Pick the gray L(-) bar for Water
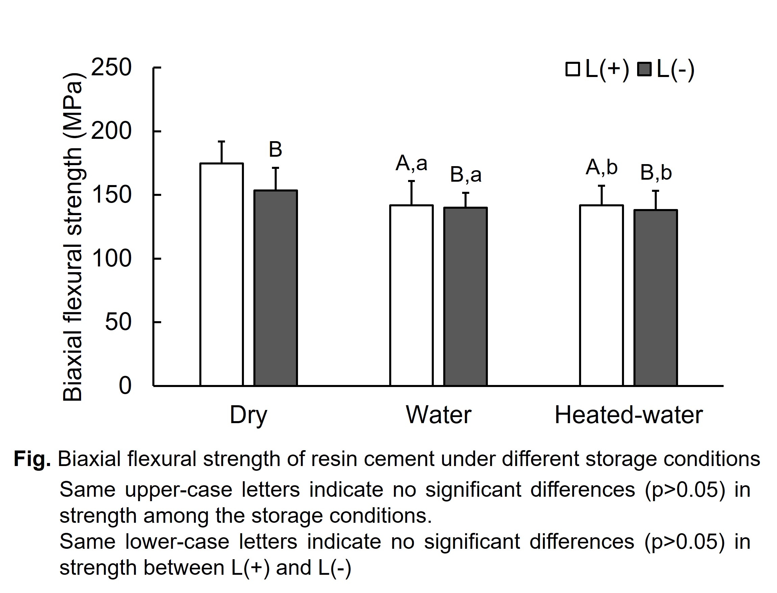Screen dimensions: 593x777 click(x=465, y=296)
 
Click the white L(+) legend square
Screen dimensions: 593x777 click(x=573, y=69)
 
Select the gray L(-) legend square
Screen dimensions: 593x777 click(x=644, y=69)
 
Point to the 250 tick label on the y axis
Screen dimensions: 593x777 click(x=111, y=67)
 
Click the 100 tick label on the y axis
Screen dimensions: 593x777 click(x=111, y=258)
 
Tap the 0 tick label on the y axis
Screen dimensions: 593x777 click(x=125, y=385)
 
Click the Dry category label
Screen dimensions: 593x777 click(x=248, y=415)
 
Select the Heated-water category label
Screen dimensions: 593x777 click(x=628, y=415)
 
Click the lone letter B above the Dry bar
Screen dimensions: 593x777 click(x=275, y=149)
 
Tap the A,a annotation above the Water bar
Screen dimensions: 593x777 click(x=411, y=163)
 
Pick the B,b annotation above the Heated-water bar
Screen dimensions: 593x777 click(x=656, y=173)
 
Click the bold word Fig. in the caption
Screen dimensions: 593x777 click(x=32, y=459)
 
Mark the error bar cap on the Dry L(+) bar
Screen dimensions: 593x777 click(x=221, y=141)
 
